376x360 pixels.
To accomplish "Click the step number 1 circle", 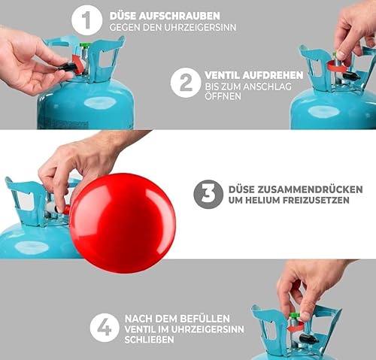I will pos(87,20).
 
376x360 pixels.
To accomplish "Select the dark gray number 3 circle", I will pos(208,194).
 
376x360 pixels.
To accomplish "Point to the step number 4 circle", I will pos(105,327).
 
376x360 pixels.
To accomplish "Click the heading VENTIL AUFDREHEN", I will pos(253,75).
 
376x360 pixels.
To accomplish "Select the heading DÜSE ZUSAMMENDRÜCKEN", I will pos(298,189).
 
